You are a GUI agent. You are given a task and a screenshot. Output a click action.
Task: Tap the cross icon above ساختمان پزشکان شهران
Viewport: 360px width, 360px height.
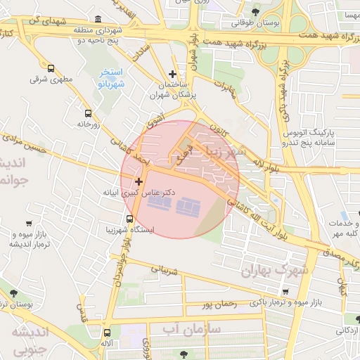pyautogui.click(x=173, y=74)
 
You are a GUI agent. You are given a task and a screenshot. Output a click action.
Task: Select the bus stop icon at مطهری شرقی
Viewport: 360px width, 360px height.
pyautogui.click(x=51, y=68)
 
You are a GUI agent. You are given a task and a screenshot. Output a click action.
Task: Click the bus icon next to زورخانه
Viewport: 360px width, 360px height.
pyautogui.click(x=88, y=112)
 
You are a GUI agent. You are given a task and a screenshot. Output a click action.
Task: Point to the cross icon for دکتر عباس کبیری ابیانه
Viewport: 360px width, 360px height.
pyautogui.click(x=139, y=181)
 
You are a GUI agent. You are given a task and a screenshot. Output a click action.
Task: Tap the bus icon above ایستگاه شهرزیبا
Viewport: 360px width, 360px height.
pyautogui.click(x=128, y=219)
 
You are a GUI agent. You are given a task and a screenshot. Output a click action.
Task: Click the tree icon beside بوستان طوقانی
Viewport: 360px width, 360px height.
pyautogui.click(x=255, y=12)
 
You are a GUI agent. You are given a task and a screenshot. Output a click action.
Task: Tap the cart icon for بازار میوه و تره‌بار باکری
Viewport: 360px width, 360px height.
pyautogui.click(x=285, y=292)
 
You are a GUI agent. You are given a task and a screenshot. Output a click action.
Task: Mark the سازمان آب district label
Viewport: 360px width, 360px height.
pyautogui.click(x=191, y=329)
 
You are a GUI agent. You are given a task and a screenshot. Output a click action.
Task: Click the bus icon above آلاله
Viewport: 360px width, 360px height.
pyautogui.click(x=107, y=333)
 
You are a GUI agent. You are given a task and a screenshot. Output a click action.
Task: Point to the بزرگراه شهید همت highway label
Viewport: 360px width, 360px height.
pyautogui.click(x=268, y=44)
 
